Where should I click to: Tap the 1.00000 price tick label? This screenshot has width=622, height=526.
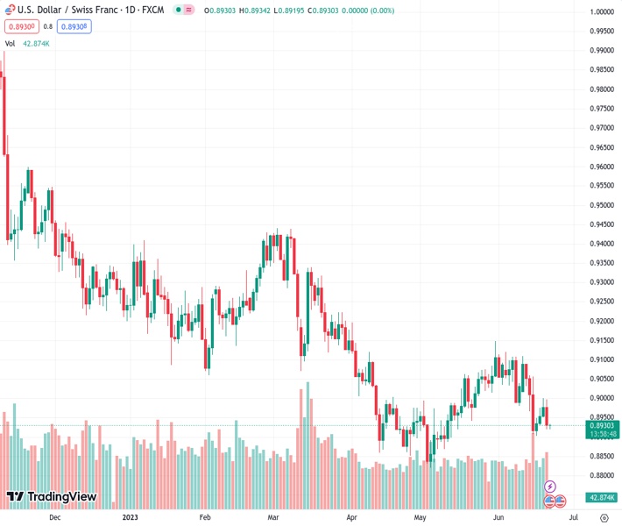tap(601, 12)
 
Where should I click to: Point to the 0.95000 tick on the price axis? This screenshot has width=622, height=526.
tap(601, 205)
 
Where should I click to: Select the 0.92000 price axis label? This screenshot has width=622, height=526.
tap(601, 321)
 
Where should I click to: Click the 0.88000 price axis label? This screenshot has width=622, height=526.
tap(601, 475)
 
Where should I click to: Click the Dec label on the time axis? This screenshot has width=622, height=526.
tap(54, 517)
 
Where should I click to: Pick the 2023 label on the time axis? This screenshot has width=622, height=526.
tap(130, 517)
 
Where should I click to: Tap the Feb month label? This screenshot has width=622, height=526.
tap(205, 517)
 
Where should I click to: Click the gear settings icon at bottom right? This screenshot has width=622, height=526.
tap(604, 517)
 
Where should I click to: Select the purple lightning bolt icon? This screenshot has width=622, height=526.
tap(550, 486)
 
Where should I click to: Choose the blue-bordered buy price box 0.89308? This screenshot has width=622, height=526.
tap(74, 26)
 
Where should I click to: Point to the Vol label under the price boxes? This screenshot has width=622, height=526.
tap(11, 43)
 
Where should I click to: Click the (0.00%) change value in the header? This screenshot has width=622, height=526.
tap(379, 11)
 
